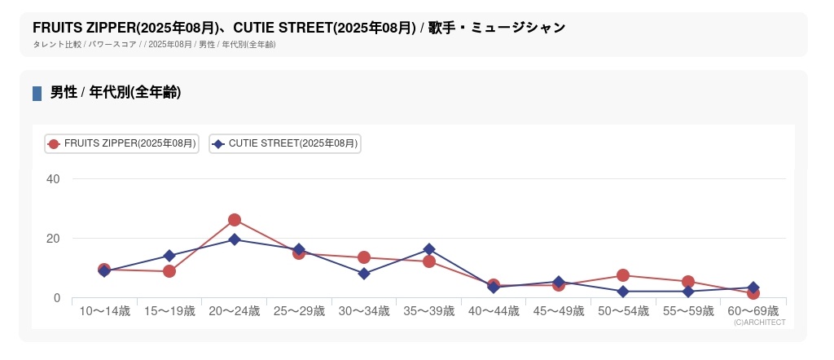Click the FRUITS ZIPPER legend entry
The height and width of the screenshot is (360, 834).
[121, 143]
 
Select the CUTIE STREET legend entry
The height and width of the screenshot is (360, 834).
[285, 143]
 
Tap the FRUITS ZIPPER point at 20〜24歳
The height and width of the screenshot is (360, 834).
[235, 220]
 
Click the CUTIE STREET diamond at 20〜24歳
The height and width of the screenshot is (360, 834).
[235, 239]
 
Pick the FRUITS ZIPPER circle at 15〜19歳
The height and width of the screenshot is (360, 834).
[169, 271]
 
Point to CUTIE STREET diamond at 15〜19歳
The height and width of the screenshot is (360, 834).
[169, 256]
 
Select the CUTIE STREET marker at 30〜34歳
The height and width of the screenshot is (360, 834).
[364, 274]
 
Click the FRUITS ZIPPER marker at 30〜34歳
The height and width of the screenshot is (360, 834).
[364, 257]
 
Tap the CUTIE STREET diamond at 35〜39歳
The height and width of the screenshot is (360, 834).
[429, 249]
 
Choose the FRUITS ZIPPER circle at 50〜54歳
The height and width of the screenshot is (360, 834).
[623, 275]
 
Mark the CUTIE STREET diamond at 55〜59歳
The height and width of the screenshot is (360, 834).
[688, 291]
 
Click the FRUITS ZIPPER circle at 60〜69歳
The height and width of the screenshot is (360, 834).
[753, 293]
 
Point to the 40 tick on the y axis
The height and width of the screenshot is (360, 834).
[53, 179]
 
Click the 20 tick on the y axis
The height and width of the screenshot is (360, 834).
[53, 239]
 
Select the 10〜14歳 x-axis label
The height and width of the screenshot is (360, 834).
[104, 311]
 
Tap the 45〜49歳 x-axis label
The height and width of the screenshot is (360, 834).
[559, 311]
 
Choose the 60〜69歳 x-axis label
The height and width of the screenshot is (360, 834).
[753, 311]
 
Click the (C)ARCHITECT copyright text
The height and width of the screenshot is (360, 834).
[759, 323]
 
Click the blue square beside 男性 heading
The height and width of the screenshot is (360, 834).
[37, 93]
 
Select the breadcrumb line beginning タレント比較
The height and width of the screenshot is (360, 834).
[154, 45]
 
